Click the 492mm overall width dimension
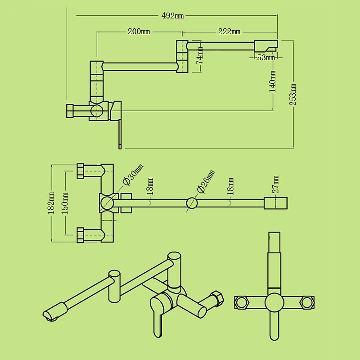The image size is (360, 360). tap(173, 16)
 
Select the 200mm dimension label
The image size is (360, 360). tap(139, 31)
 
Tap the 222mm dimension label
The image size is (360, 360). tap(229, 31)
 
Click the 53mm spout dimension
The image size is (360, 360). tap(266, 57)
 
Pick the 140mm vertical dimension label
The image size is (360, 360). tap(273, 81)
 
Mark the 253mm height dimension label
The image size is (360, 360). tap(293, 94)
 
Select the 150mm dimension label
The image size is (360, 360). tap(65, 203)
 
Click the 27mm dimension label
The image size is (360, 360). tap(275, 184)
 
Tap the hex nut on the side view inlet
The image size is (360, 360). tap(70, 111)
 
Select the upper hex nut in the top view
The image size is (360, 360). tap(81, 171)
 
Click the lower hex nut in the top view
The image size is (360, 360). tap(81, 234)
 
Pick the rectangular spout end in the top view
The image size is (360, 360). tap(275, 203)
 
